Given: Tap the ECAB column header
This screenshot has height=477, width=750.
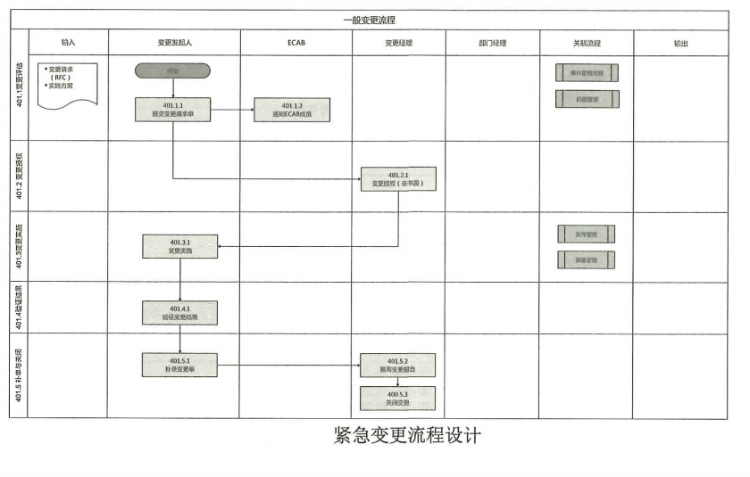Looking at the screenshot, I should pyautogui.click(x=296, y=43).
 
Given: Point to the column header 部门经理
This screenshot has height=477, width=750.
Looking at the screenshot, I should pyautogui.click(x=492, y=43).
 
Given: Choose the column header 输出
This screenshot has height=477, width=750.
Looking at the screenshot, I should pyautogui.click(x=680, y=43).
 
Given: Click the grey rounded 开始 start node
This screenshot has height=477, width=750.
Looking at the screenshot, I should pyautogui.click(x=173, y=70).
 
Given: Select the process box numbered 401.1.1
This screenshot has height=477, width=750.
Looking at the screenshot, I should pyautogui.click(x=173, y=110).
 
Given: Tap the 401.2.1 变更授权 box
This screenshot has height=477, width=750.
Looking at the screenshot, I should pyautogui.click(x=398, y=179).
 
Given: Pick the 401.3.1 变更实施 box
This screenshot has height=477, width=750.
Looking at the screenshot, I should pyautogui.click(x=179, y=246).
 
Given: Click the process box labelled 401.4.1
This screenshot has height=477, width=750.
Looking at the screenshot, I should pyautogui.click(x=179, y=312).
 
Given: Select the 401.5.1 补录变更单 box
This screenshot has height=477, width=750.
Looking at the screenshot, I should pyautogui.click(x=179, y=365).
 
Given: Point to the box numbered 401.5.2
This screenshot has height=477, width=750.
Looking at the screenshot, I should pyautogui.click(x=398, y=365).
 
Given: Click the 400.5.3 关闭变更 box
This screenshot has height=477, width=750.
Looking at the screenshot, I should pyautogui.click(x=398, y=398).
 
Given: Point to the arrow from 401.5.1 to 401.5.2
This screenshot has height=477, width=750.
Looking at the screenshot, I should pyautogui.click(x=288, y=365).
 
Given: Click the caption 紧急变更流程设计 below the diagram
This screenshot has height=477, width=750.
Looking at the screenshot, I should pyautogui.click(x=407, y=436).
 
